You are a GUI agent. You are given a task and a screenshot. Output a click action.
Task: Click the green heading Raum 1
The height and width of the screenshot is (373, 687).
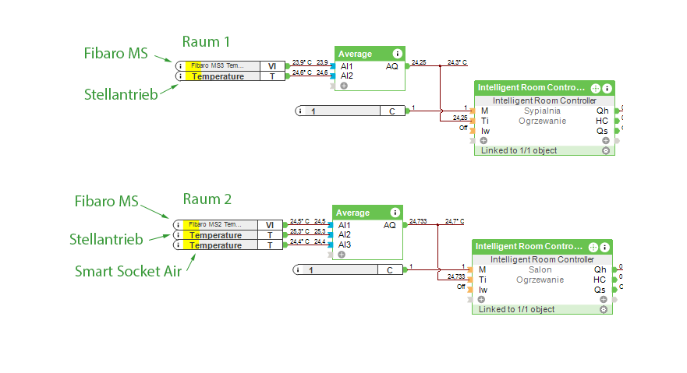[207, 41]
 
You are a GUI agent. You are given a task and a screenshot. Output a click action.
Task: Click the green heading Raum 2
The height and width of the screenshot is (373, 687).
[207, 199]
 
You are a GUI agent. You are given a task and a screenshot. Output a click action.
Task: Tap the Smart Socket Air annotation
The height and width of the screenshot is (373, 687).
[129, 271]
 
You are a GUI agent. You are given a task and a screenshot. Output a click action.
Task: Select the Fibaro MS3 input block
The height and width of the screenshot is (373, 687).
[227, 66]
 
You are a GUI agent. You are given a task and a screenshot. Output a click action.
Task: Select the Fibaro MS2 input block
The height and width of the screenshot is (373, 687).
[225, 225]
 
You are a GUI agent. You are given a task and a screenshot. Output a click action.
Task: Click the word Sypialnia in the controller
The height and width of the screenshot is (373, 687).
[542, 111]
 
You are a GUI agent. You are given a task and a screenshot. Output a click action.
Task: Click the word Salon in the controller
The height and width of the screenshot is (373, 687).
[540, 269]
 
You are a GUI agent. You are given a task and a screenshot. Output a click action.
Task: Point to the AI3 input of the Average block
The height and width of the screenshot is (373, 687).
[344, 245]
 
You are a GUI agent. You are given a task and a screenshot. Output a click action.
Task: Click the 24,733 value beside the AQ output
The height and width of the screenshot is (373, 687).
[418, 221]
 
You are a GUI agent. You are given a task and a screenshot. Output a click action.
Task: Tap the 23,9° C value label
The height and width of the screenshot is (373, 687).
[302, 62]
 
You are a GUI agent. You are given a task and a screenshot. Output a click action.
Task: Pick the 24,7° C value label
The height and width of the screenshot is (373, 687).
[455, 221]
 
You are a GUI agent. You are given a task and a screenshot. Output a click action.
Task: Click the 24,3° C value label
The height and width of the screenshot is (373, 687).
[457, 62]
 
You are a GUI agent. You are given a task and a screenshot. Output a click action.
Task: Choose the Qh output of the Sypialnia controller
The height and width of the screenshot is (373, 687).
[602, 111]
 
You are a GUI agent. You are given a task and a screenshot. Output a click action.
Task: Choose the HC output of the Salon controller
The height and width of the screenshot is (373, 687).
[600, 280]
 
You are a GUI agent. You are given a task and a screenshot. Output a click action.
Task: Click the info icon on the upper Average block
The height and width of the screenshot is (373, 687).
[398, 54]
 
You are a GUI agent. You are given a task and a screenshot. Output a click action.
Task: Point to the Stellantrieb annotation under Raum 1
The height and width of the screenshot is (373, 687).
[121, 94]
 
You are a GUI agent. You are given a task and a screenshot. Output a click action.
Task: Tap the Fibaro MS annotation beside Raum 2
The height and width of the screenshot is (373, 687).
[106, 202]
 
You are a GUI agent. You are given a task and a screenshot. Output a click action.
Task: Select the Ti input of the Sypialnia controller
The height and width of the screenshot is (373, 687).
[484, 121]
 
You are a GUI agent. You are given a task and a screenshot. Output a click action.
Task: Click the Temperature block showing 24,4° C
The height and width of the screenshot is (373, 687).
[225, 245]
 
